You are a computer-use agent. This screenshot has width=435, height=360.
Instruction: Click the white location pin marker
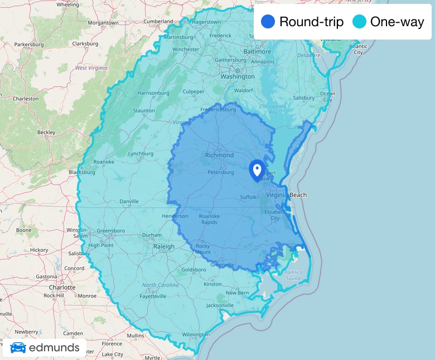(x=257, y=169)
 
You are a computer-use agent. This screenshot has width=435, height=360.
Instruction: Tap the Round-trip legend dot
(x=267, y=22)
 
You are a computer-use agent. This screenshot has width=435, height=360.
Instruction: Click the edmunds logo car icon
(x=18, y=348)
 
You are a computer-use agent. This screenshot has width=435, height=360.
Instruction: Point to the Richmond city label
(x=219, y=155)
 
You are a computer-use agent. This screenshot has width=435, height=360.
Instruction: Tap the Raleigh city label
(x=163, y=246)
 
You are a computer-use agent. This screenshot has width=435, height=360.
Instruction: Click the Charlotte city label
(x=61, y=288)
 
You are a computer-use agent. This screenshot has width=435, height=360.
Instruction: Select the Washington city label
(x=238, y=76)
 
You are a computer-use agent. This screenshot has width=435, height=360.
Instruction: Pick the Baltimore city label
(x=257, y=52)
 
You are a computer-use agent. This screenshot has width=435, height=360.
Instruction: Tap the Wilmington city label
(x=196, y=334)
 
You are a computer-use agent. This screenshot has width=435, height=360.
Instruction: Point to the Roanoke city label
(x=104, y=162)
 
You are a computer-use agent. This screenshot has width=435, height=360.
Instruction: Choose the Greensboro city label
(x=110, y=230)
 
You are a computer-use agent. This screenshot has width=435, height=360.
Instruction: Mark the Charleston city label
(x=26, y=99)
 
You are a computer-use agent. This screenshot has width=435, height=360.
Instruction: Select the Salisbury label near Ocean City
(x=304, y=98)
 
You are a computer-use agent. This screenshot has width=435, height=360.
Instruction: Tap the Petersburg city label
(x=221, y=172)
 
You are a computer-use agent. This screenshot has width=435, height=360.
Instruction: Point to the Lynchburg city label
(x=141, y=154)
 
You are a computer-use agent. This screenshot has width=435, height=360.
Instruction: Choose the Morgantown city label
(x=103, y=23)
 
